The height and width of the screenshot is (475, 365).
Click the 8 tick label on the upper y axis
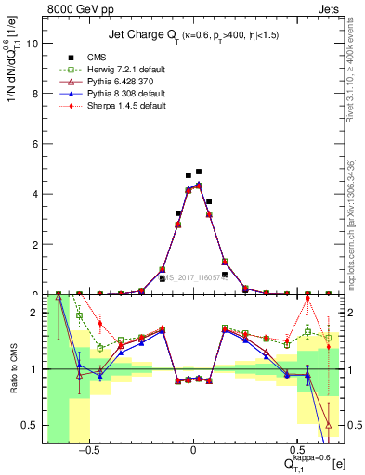click(34, 93)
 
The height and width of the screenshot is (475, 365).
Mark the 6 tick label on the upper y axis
click(34, 143)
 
